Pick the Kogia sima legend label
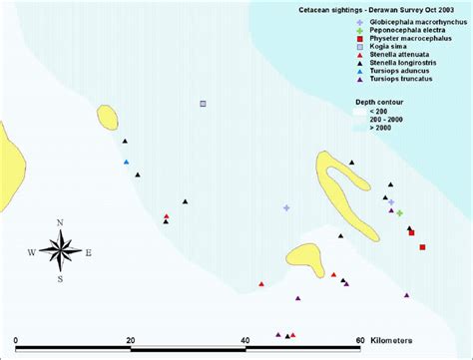(390, 52)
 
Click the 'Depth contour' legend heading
(379, 103)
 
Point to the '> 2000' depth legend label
(382, 129)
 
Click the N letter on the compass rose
(60, 222)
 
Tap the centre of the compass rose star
(60, 250)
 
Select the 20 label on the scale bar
(131, 340)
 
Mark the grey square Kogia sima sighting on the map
(203, 103)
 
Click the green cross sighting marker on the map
(399, 212)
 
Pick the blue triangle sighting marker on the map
(127, 162)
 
